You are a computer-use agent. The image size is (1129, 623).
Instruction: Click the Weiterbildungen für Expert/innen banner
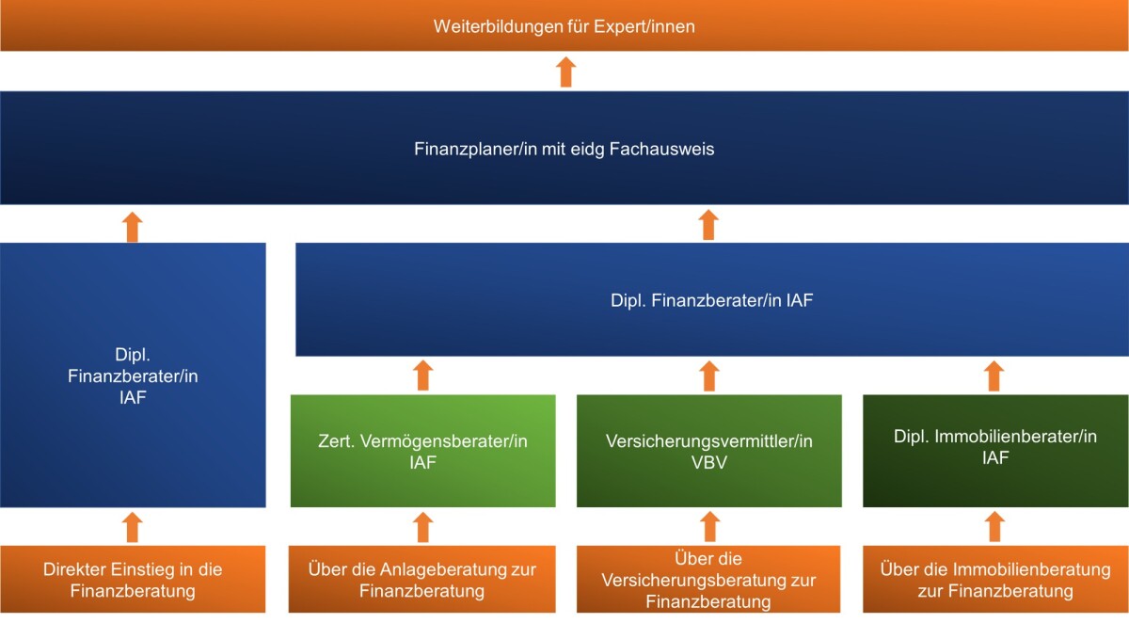pos(564,25)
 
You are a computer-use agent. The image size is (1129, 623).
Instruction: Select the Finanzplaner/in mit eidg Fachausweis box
pos(564,148)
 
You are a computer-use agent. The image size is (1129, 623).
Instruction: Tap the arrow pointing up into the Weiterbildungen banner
pos(565,72)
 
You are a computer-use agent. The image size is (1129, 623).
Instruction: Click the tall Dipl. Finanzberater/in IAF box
pos(133,375)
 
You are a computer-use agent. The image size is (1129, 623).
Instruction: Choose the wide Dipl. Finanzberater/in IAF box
pos(711,300)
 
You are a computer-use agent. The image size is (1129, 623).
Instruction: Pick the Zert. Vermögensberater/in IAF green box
pos(422,451)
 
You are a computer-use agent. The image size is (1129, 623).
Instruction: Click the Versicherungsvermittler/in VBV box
pos(709,451)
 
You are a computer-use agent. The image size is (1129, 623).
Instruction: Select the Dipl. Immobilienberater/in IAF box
pos(995,451)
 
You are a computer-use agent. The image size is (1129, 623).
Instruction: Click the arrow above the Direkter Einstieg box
pos(133,527)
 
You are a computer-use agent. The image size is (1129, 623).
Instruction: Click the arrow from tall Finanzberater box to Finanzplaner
pos(133,225)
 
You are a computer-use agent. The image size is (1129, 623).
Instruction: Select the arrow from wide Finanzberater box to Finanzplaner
pos(709,225)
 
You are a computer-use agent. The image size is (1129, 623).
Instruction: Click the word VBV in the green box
pos(709,461)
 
